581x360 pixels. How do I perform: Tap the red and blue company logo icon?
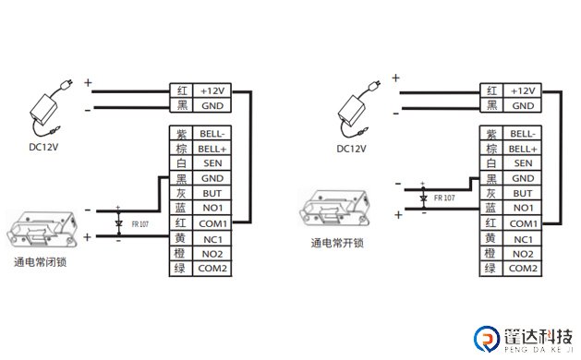pos(488,339)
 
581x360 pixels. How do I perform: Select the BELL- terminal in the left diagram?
pos(212,134)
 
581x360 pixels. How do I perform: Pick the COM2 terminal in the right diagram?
pos(523,268)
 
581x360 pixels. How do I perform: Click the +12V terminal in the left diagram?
pos(212,90)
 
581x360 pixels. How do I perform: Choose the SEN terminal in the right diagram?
pos(523,163)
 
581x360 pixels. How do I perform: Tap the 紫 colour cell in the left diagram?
pos(181,134)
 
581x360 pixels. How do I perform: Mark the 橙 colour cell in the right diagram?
pos(492,253)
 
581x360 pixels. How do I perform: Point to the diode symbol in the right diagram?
pos(423,198)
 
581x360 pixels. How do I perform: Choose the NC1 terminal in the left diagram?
pos(212,238)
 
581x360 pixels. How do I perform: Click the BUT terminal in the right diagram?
pos(523,194)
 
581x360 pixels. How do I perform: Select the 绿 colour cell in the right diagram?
pos(492,268)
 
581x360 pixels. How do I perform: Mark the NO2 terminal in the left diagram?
pos(212,253)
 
